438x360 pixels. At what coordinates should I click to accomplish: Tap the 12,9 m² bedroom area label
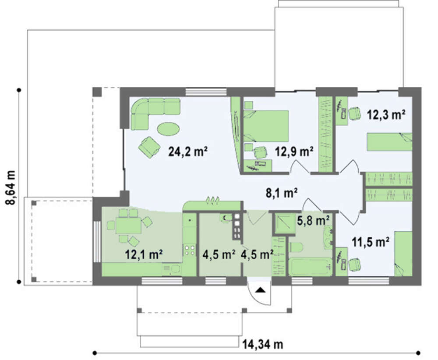point(294,152)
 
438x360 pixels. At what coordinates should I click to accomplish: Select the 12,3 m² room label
point(386,114)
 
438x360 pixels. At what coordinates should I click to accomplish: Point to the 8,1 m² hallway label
point(281,193)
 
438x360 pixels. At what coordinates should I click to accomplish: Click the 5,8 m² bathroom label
point(313,221)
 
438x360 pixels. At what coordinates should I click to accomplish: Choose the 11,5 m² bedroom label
point(371,242)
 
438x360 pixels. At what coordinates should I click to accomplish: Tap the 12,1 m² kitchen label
point(144,254)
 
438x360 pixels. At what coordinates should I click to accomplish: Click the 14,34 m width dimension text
point(262,344)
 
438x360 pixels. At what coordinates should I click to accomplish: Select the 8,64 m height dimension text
point(11,187)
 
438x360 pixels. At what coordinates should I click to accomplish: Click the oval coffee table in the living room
point(168,129)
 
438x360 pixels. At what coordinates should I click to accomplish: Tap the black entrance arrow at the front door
point(260,290)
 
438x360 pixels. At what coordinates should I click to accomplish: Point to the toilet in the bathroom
point(297,247)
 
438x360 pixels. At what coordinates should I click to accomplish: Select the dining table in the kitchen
point(128,226)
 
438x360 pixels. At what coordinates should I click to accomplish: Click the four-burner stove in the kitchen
point(190,250)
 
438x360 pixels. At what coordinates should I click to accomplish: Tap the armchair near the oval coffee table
point(149,147)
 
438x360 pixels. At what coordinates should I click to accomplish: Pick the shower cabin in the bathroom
point(284,223)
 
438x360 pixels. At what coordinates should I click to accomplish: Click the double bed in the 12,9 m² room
point(266,126)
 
